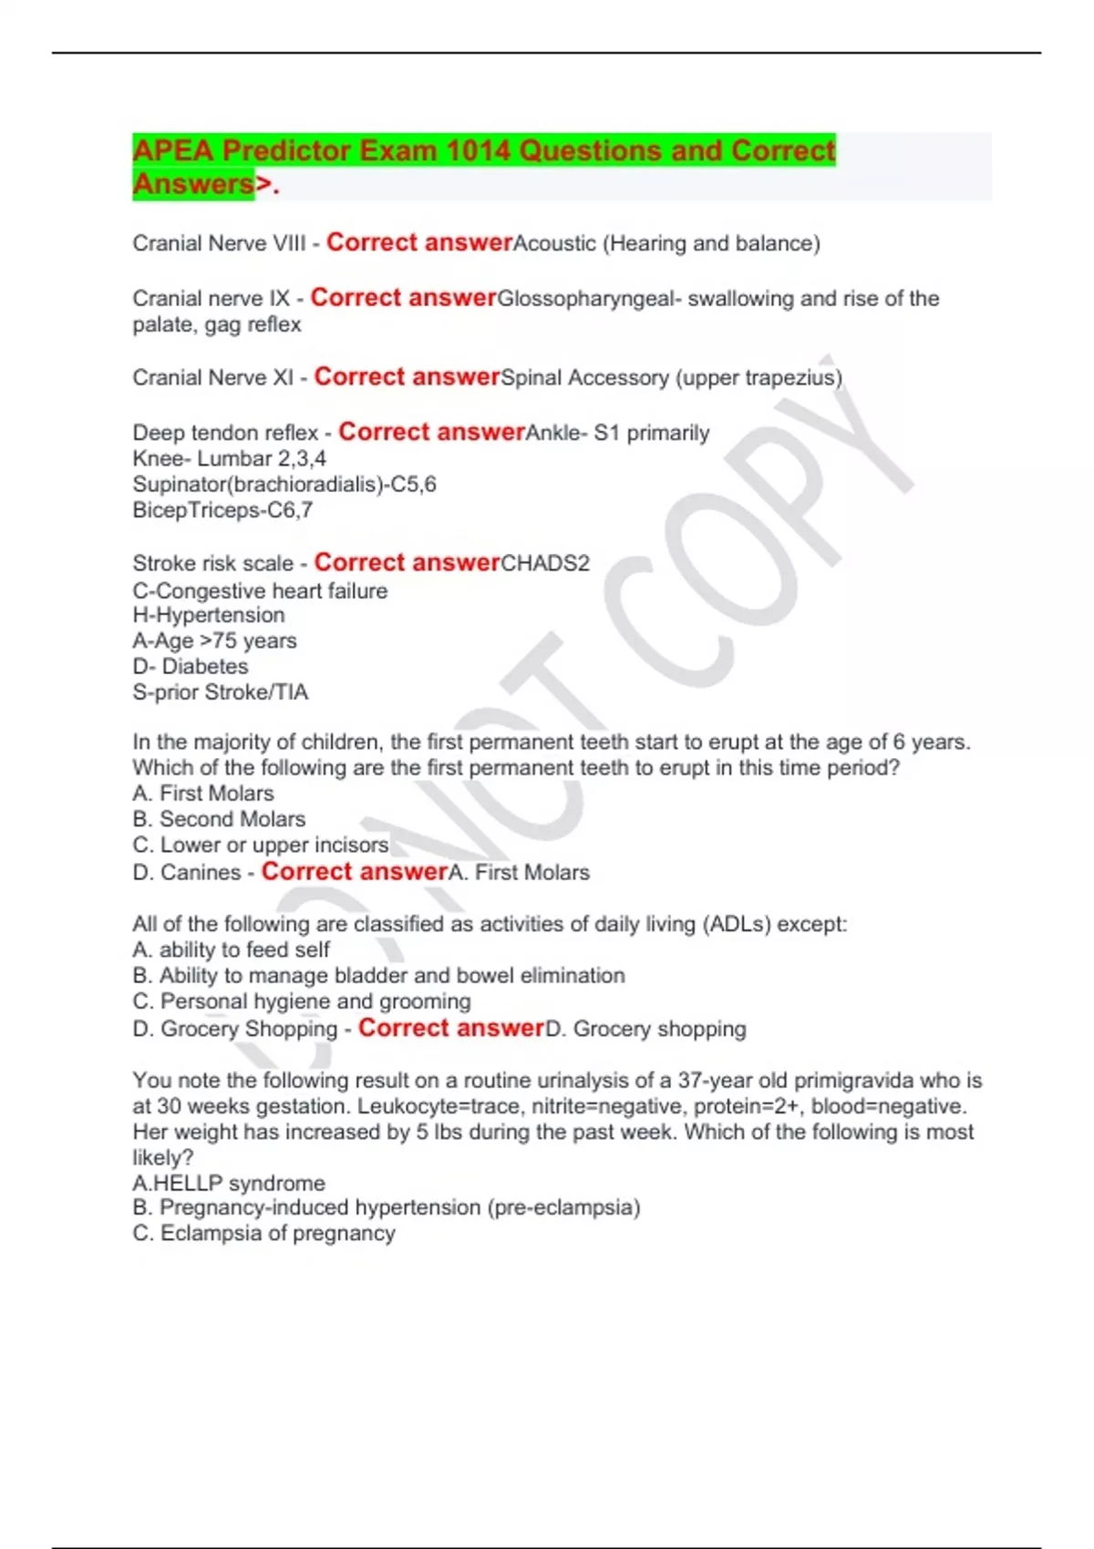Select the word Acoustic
click(554, 243)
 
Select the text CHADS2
click(545, 563)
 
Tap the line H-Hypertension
click(209, 615)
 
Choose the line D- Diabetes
click(191, 666)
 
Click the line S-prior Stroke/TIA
click(221, 692)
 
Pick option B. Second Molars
click(219, 819)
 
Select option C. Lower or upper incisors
click(261, 845)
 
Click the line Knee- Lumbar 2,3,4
click(229, 458)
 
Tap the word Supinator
click(181, 484)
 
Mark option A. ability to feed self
click(232, 949)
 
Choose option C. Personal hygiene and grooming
click(302, 1001)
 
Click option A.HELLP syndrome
click(229, 1183)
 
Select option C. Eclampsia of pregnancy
click(264, 1233)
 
